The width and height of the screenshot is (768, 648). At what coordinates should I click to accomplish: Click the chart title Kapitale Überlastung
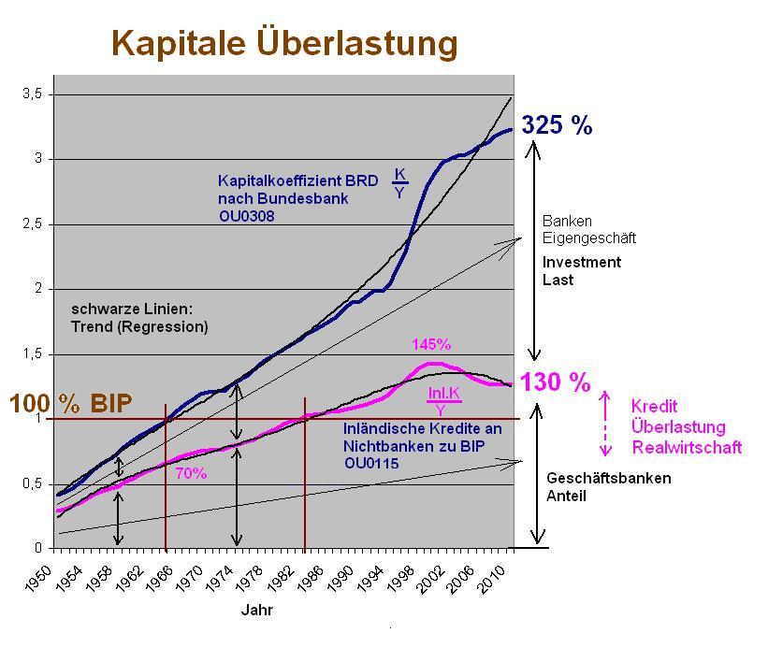pos(284,42)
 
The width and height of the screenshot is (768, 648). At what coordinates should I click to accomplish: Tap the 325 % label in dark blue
pos(557,125)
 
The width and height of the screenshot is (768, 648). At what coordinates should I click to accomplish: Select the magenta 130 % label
pos(556,382)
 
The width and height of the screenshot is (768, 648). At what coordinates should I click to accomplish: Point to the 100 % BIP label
pos(71,404)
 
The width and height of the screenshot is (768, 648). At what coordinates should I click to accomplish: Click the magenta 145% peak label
pos(431,345)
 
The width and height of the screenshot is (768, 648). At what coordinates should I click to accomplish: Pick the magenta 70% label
pos(191,473)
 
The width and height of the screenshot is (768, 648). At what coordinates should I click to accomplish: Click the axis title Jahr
pos(257,610)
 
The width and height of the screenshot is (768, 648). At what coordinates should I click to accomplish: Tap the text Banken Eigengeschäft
pos(576,229)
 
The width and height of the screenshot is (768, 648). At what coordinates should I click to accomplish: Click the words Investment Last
pos(581,270)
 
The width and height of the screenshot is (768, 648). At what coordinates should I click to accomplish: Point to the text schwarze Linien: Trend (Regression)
pos(139,318)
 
